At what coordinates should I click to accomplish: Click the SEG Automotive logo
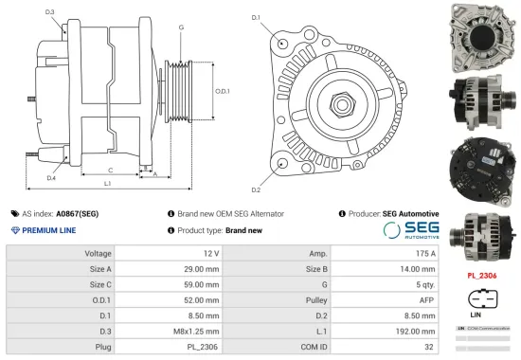(x=410, y=230)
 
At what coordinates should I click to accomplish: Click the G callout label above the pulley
(x=181, y=27)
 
